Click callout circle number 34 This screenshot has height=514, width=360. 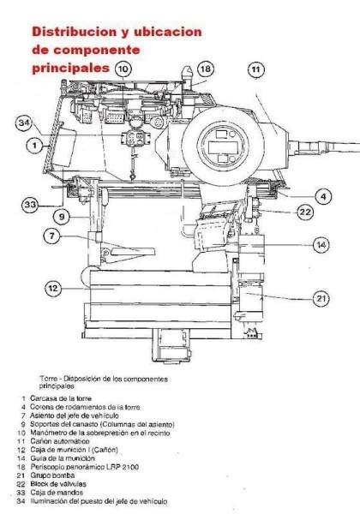pyautogui.click(x=24, y=123)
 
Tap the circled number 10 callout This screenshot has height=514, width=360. pyautogui.click(x=123, y=69)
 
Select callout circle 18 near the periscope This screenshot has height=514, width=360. pyautogui.click(x=206, y=69)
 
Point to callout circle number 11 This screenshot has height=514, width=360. pyautogui.click(x=256, y=69)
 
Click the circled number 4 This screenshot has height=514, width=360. pyautogui.click(x=323, y=197)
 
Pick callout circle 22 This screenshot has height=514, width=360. pyautogui.click(x=305, y=212)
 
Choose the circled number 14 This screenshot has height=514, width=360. pyautogui.click(x=321, y=244)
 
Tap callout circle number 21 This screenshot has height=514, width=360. pyautogui.click(x=321, y=299)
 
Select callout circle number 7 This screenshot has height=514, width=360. pyautogui.click(x=51, y=236)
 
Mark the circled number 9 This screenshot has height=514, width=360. pyautogui.click(x=62, y=217)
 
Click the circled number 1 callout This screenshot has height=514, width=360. pyautogui.click(x=35, y=146)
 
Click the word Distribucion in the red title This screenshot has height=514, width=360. pyautogui.click(x=74, y=32)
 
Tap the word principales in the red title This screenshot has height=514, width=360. pyautogui.click(x=70, y=68)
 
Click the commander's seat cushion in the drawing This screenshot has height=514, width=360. pyautogui.click(x=133, y=251)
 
